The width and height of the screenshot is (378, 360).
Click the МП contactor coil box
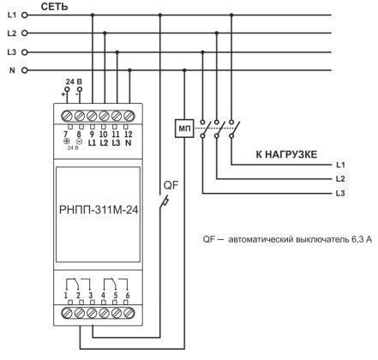click(x=183, y=129)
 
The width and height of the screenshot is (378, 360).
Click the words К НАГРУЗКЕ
click(x=286, y=154)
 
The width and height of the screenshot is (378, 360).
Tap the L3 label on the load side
click(x=340, y=195)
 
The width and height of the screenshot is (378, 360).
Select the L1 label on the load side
click(x=340, y=163)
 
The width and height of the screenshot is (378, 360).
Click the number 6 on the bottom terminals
click(x=128, y=296)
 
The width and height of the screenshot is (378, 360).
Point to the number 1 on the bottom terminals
click(x=65, y=296)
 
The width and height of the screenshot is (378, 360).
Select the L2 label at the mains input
click(x=11, y=33)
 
